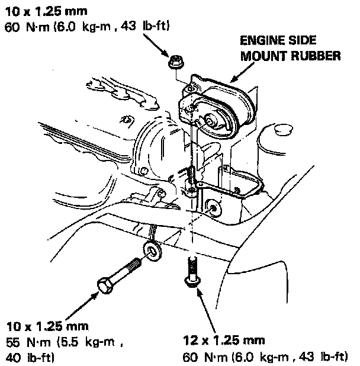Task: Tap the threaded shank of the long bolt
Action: pyautogui.click(x=127, y=270)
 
